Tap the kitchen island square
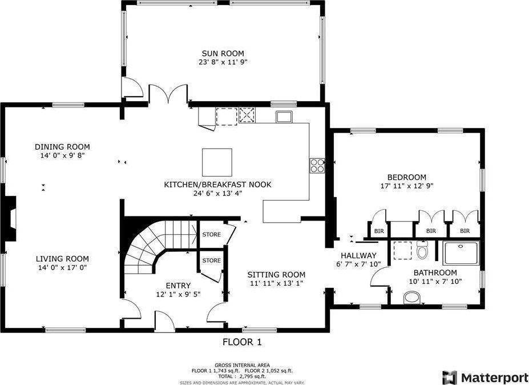click(x=217, y=162)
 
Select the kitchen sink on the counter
click(x=284, y=117)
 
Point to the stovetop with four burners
click(x=317, y=165)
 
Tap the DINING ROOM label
click(x=62, y=147)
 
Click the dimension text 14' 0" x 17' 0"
click(x=62, y=267)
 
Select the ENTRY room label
click(x=178, y=286)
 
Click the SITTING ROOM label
click(x=276, y=274)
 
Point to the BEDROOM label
click(x=406, y=177)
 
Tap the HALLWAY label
click(x=358, y=255)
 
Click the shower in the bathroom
click(x=461, y=252)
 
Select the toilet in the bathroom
click(x=422, y=250)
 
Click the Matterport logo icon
click(x=450, y=377)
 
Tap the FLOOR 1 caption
click(x=241, y=342)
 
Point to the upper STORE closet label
click(x=211, y=234)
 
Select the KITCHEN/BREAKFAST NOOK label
click(x=217, y=185)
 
